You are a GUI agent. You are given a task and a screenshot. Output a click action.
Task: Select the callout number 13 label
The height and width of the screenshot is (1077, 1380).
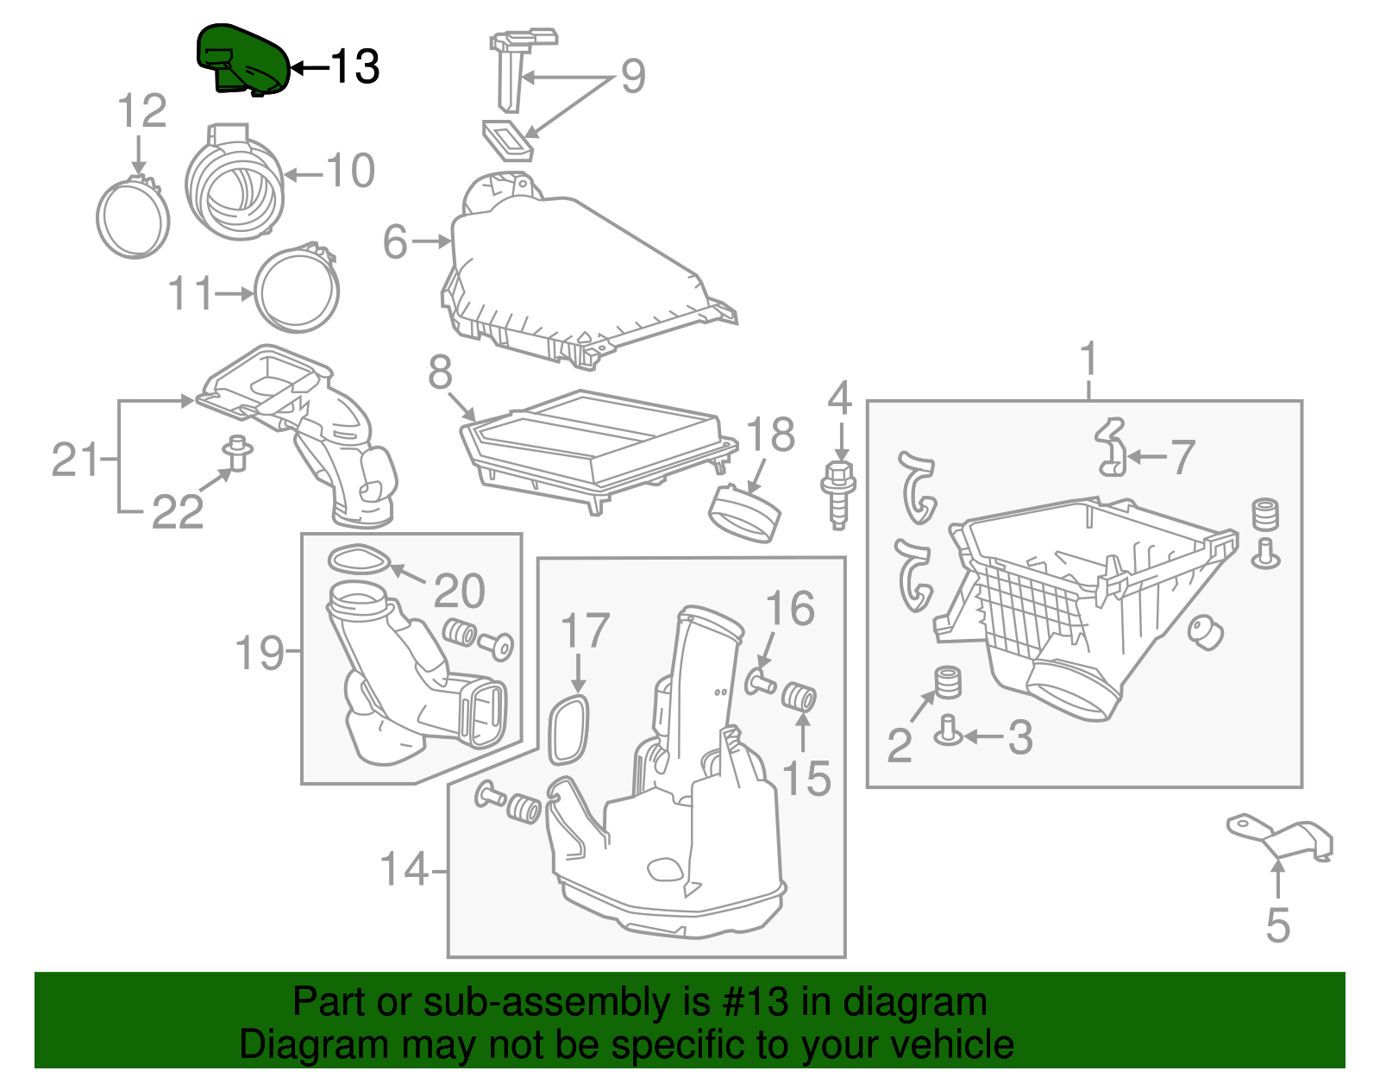click(x=354, y=66)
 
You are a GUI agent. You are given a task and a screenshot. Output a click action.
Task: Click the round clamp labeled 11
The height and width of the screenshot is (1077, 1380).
click(x=297, y=290)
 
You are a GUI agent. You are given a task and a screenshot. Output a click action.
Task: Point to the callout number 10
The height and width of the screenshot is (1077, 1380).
click(x=350, y=171)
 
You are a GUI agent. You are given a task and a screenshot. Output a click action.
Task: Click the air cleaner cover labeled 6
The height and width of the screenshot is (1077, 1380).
click(x=578, y=276)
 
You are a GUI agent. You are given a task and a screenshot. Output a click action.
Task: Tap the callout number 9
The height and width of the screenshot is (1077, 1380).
click(x=633, y=76)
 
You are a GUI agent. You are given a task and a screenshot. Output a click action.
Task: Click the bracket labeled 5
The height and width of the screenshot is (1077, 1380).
click(x=1280, y=837)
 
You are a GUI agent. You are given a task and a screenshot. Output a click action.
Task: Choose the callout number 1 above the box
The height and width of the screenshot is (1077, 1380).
click(x=1088, y=357)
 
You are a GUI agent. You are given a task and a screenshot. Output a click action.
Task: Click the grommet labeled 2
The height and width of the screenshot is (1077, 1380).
click(x=948, y=681)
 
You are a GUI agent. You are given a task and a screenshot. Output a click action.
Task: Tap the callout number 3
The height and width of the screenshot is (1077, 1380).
click(x=1020, y=737)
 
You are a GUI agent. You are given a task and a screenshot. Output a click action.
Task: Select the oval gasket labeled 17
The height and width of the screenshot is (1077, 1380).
click(x=569, y=729)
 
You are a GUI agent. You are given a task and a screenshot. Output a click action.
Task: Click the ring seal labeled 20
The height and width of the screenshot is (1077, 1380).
click(x=358, y=560)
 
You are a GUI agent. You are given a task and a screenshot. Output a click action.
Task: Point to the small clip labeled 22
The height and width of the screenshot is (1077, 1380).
click(x=236, y=452)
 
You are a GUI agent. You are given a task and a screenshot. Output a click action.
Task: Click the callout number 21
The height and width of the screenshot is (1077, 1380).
click(x=75, y=459)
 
